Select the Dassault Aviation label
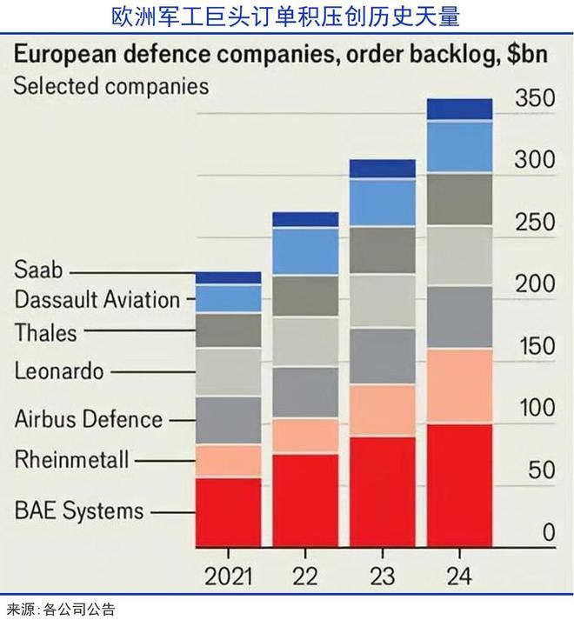[x=97, y=300]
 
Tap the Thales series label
[x=45, y=332]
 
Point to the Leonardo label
[x=59, y=371]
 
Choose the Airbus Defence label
[x=89, y=419]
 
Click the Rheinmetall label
[x=71, y=459]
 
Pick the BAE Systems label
[x=79, y=510]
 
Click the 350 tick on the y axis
[x=534, y=98]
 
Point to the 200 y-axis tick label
[x=534, y=284]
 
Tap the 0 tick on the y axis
[x=548, y=532]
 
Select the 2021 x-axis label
[x=228, y=576]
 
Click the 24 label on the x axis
[x=459, y=576]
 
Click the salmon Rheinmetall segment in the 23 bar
[x=382, y=410]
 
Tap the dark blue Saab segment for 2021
[x=228, y=277]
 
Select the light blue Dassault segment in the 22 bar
[x=305, y=251]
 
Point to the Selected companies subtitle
[x=111, y=86]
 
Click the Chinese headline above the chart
[x=287, y=16]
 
